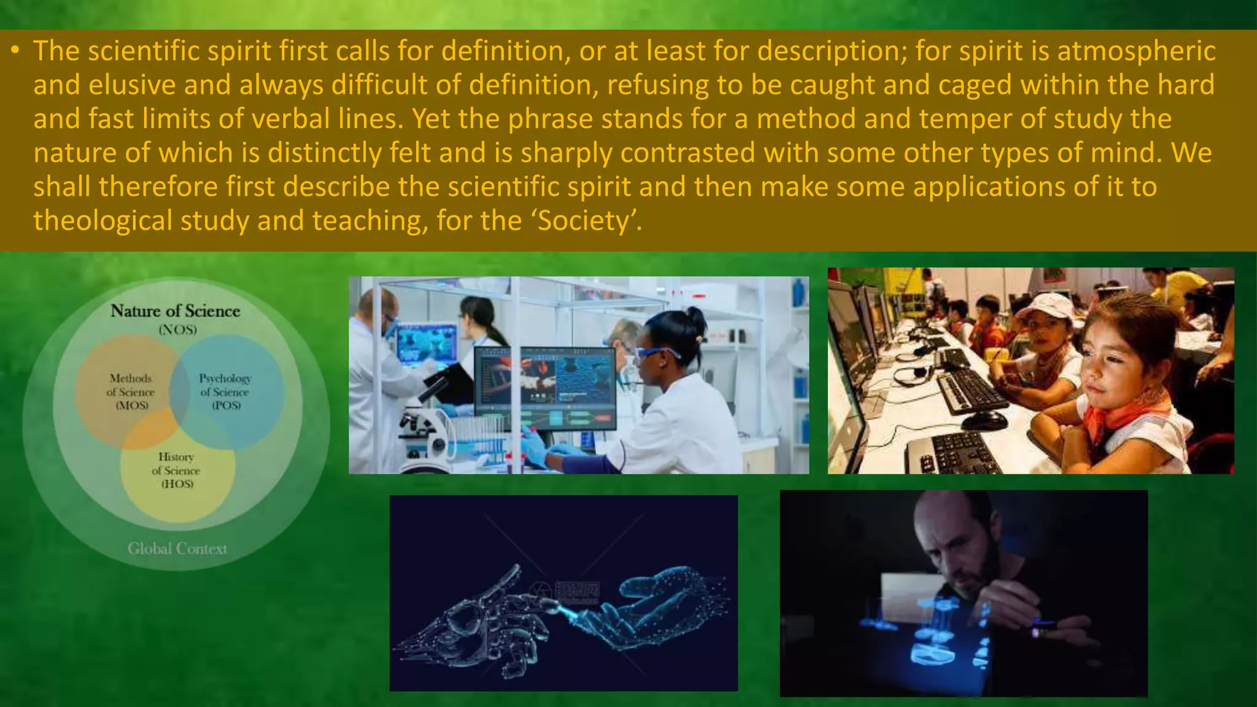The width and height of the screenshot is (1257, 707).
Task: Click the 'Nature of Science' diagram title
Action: [x=176, y=311]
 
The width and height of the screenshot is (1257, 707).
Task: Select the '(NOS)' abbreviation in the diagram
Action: [x=177, y=330]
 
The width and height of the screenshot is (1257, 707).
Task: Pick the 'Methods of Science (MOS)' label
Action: [x=131, y=392]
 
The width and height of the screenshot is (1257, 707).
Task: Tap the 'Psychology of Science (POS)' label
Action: [x=225, y=392]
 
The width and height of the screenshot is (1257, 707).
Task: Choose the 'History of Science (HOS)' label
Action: [x=176, y=470]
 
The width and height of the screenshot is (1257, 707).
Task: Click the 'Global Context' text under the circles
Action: [x=177, y=548]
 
